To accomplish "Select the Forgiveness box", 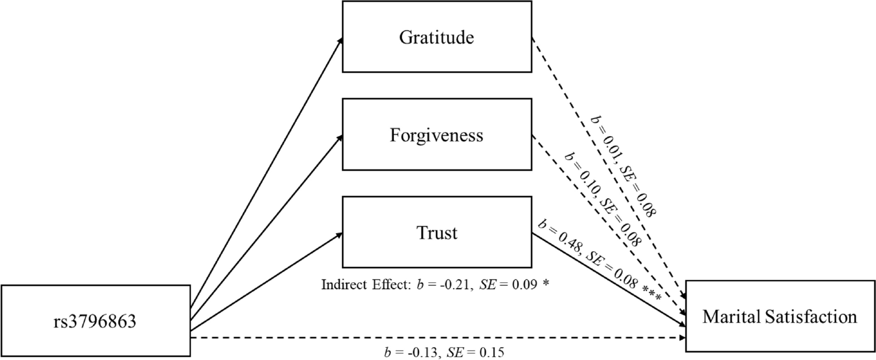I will [x=437, y=136].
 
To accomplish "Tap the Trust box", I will [x=437, y=233].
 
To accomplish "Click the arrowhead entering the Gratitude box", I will [x=339, y=39].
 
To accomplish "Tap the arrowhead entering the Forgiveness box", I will [x=339, y=137].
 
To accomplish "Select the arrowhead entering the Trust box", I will [x=339, y=234].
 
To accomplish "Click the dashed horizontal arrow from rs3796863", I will [x=438, y=337].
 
